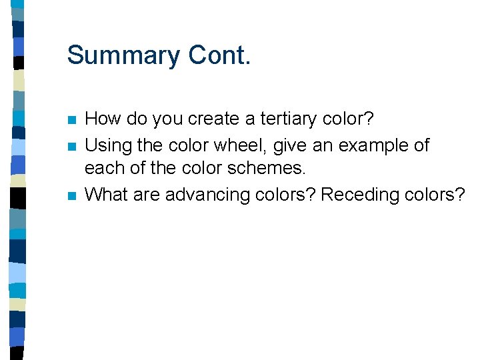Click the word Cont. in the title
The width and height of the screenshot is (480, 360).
point(219,55)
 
